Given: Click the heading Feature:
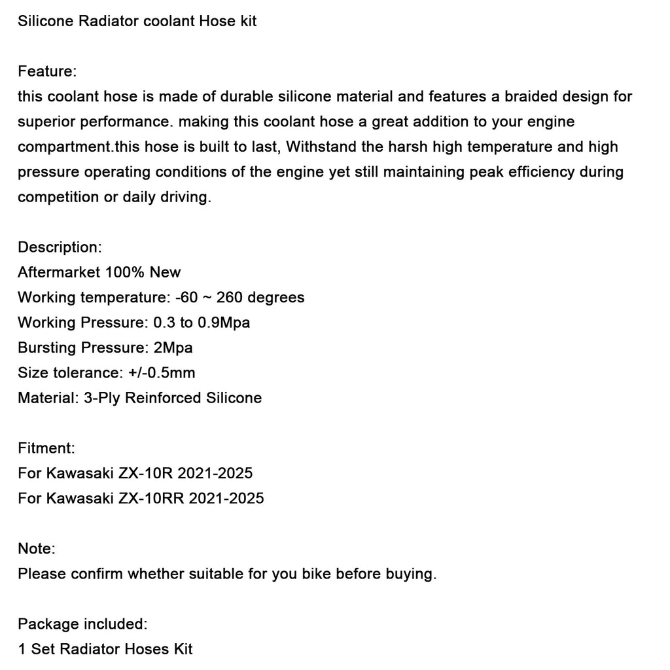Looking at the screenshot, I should (47, 71).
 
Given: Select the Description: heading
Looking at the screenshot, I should (60, 247).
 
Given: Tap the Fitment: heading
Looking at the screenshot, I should (46, 448).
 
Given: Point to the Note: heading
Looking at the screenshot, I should (37, 548).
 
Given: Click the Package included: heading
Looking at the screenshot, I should (82, 624).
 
